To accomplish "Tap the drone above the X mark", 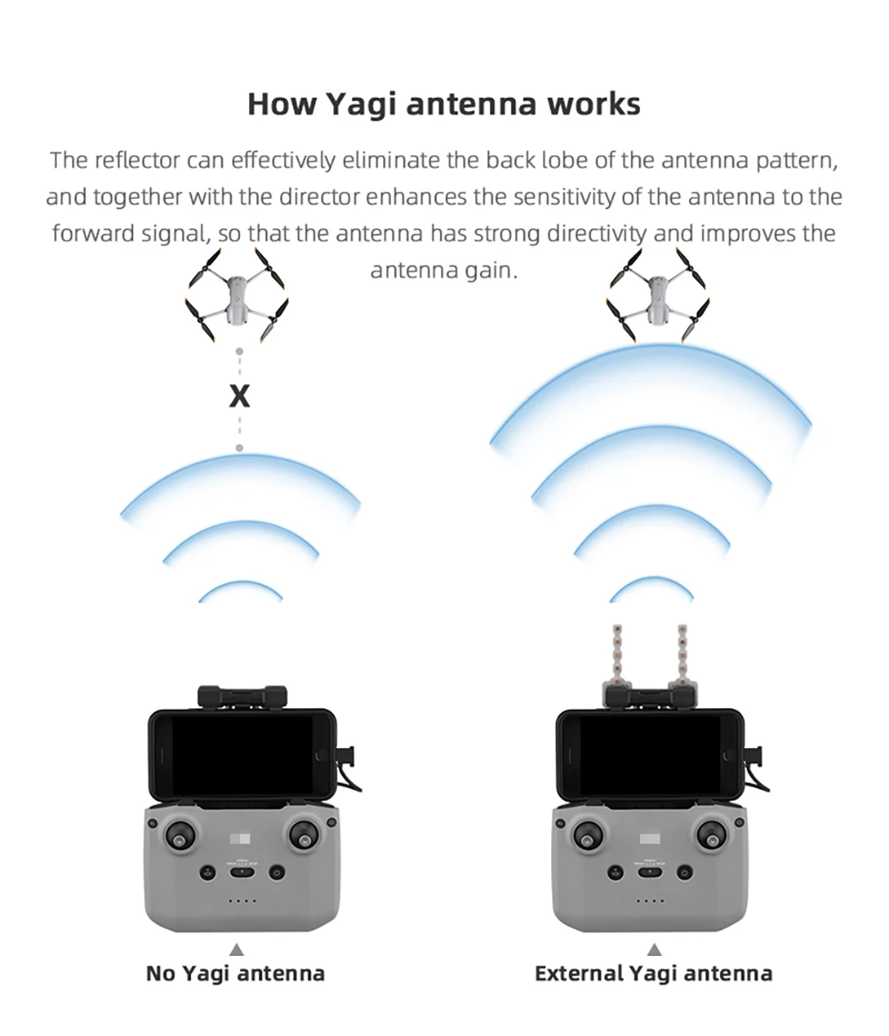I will pos(236,295).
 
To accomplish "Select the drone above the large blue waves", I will pos(659,295).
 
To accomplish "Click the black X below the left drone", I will pos(239,397).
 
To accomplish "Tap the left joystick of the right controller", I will pos(588,835).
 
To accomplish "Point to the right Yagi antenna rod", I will pos(683,653).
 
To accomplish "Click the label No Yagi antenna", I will pos(236,974).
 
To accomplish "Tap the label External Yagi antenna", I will pos(653,974).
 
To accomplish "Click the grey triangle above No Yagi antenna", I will pos(236,950).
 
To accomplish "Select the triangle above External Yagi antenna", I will pos(654,950).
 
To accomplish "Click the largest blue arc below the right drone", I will pos(650,373).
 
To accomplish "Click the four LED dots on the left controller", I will pos(242,901).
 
